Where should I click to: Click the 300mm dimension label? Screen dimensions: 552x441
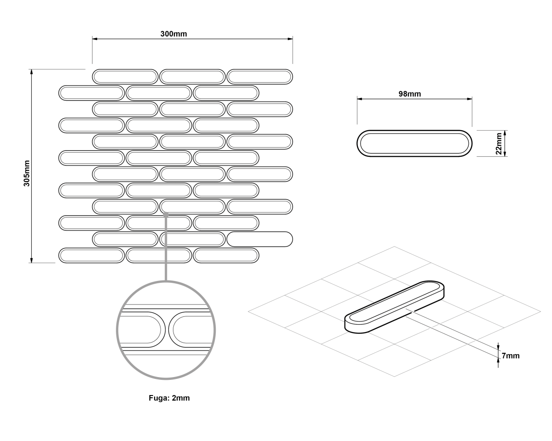point(174,34)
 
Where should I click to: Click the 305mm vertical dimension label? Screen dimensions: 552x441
point(27,173)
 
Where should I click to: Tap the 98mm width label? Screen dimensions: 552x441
point(410,94)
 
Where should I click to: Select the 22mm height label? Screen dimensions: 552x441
point(499,143)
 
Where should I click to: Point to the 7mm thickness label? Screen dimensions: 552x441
point(511,355)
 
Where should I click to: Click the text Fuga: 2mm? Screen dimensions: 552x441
point(169,398)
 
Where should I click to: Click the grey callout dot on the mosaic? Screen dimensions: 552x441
point(166,215)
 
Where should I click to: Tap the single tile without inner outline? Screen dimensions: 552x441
point(259,239)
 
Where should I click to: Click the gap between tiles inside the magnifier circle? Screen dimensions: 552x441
point(167,330)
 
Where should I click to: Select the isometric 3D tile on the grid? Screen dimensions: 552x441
point(394,307)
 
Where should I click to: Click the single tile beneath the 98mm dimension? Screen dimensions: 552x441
point(414,143)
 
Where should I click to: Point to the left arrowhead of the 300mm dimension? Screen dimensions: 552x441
point(95,39)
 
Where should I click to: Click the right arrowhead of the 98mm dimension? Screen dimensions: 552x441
point(470,99)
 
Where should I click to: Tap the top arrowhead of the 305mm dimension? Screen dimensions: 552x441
point(32,72)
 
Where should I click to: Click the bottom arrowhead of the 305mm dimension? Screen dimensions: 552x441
point(32,260)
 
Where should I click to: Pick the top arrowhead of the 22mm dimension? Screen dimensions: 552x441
point(505,133)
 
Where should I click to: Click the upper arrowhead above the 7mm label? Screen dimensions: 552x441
point(498,347)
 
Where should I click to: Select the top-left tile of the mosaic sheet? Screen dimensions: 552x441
point(125,77)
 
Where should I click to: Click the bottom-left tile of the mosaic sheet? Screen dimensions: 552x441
point(92,255)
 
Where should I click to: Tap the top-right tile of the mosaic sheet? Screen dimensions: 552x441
point(259,77)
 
